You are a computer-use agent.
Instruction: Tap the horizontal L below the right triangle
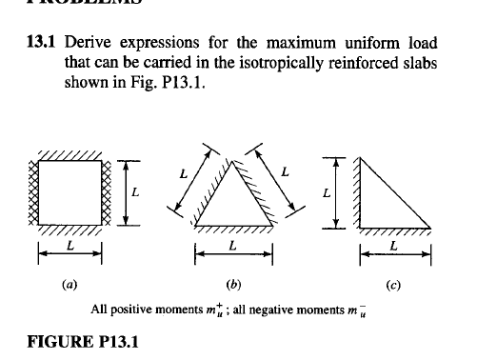tap(394, 247)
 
